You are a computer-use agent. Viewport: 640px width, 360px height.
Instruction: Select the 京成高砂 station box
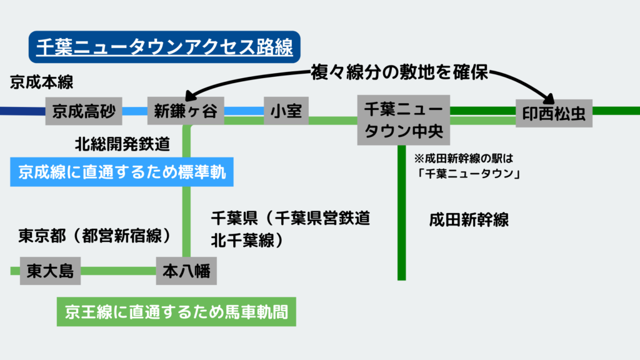pyautogui.click(x=84, y=111)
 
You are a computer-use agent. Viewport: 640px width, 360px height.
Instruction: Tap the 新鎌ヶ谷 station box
pyautogui.click(x=186, y=111)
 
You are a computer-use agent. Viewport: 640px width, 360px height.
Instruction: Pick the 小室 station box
pyautogui.click(x=286, y=111)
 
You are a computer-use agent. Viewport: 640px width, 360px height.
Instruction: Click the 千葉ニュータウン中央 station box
pyautogui.click(x=403, y=121)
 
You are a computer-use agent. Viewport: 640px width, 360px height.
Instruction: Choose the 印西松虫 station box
pyautogui.click(x=553, y=113)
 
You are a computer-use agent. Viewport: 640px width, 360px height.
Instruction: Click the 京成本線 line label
pyautogui.click(x=38, y=82)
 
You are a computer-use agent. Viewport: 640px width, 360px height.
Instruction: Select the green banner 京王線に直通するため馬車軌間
pyautogui.click(x=176, y=311)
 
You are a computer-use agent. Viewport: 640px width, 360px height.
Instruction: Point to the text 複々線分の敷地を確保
pyautogui.click(x=399, y=73)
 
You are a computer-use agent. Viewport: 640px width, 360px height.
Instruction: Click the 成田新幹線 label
pyautogui.click(x=468, y=220)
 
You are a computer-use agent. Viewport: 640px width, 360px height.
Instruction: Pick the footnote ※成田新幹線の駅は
pyautogui.click(x=463, y=157)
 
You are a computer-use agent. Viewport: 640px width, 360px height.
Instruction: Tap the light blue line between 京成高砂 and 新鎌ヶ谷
pyautogui.click(x=134, y=111)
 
